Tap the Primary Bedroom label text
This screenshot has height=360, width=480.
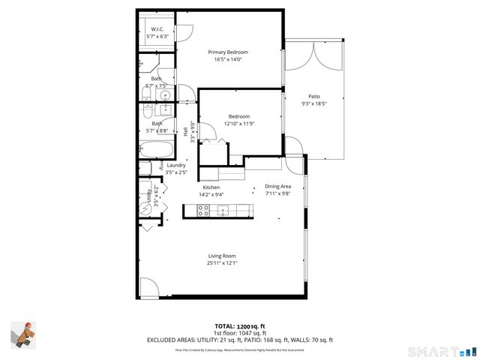point(228,52)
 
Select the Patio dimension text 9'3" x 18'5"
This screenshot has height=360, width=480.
point(314,104)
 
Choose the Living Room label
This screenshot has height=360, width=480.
point(222,256)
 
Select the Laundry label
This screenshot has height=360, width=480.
point(176,165)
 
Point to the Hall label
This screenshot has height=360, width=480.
point(185,132)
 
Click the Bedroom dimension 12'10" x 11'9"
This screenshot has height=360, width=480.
point(238,124)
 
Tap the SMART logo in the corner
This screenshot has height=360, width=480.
point(441,351)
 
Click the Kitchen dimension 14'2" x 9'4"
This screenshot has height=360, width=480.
point(211,194)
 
